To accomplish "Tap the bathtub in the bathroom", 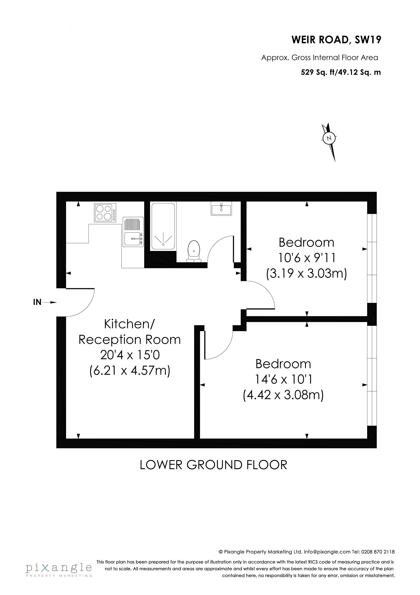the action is (x=163, y=226).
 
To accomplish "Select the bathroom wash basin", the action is (x=222, y=209).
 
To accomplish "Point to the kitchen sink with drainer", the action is (x=133, y=232).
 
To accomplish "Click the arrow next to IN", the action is (x=50, y=302).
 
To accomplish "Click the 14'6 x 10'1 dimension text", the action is (x=284, y=380).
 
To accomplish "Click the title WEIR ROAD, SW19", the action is (x=336, y=40).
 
